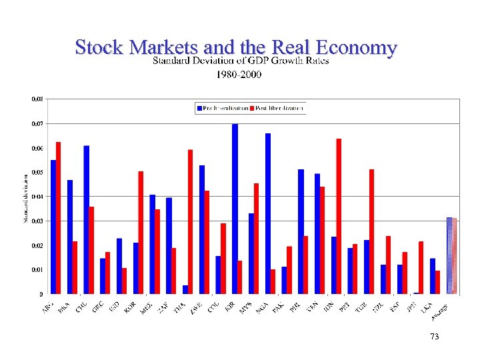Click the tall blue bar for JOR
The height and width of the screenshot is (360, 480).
pos(235,209)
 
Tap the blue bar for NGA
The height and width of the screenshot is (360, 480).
pos(268,213)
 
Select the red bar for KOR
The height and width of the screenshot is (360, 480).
pos(141,232)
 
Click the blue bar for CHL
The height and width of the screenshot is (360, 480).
pos(87,219)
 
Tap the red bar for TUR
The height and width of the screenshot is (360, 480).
pos(372,231)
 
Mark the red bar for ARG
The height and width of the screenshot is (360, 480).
pos(59,217)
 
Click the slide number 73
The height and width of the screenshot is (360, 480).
pos(435,337)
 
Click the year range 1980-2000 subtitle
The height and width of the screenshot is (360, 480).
pos(239,74)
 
